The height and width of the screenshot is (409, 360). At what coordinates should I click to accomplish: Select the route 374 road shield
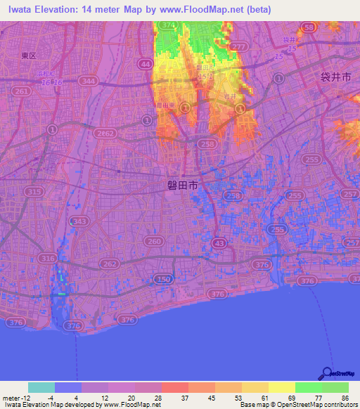(x=167, y=25)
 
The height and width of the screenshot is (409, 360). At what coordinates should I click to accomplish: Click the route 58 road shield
(x=307, y=27)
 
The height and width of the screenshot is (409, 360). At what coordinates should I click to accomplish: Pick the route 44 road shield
(x=146, y=64)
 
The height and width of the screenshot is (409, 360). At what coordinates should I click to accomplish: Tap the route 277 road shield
(x=240, y=46)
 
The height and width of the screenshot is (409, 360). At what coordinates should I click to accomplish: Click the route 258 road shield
(x=206, y=143)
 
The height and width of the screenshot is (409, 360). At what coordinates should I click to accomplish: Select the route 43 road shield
(x=220, y=242)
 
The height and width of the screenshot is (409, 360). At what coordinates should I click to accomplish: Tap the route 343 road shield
(x=79, y=221)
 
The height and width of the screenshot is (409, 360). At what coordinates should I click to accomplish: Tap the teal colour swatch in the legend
(x=41, y=387)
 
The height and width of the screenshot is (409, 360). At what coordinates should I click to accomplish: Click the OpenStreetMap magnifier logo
(x=327, y=373)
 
